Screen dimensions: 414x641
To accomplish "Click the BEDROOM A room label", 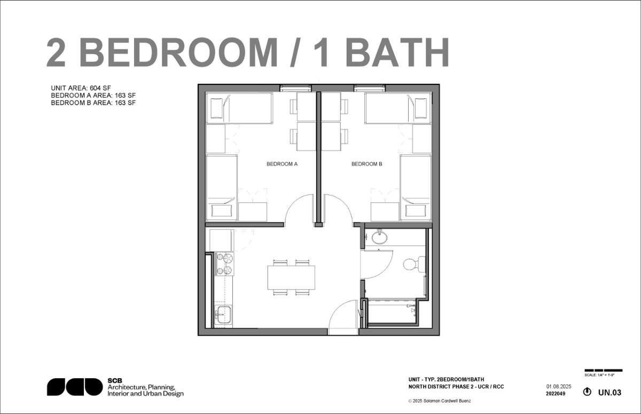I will [282, 164].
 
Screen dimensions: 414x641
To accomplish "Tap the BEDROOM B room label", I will [366, 164].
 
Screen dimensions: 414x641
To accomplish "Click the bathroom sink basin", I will [380, 237].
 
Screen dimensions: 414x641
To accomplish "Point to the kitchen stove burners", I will [224, 264].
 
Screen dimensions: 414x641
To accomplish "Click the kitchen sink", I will [222, 314].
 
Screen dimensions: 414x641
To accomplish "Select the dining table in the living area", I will [291, 277].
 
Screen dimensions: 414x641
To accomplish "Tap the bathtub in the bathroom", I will [392, 311].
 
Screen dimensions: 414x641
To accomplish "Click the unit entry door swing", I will [342, 319].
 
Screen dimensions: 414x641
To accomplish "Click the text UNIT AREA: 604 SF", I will [81, 88].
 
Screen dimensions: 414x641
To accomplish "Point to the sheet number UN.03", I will [609, 393].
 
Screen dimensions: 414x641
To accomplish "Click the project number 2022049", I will [556, 394].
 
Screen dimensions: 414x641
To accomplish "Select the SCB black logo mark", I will [74, 387].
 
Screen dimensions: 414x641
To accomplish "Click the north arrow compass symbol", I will [588, 392].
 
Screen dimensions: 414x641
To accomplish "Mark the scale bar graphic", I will [603, 370].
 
